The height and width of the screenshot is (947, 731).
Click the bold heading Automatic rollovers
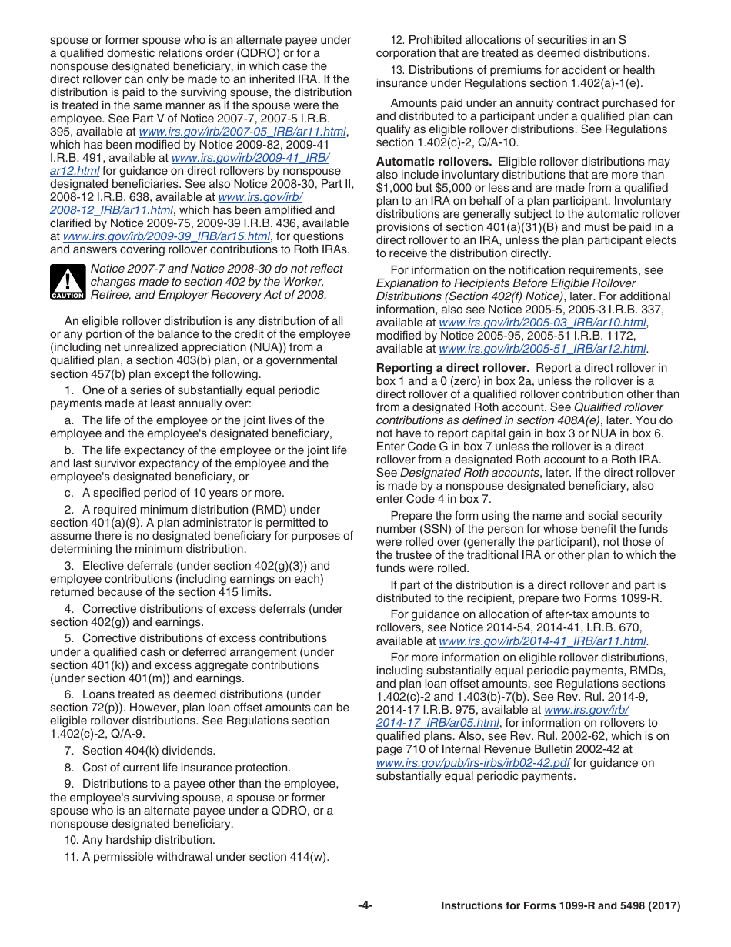433,162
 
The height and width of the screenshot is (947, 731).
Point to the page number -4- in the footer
365,905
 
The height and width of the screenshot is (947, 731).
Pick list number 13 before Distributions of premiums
397,70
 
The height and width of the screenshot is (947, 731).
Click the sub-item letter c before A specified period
69,493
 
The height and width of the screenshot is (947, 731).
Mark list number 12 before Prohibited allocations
397,40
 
